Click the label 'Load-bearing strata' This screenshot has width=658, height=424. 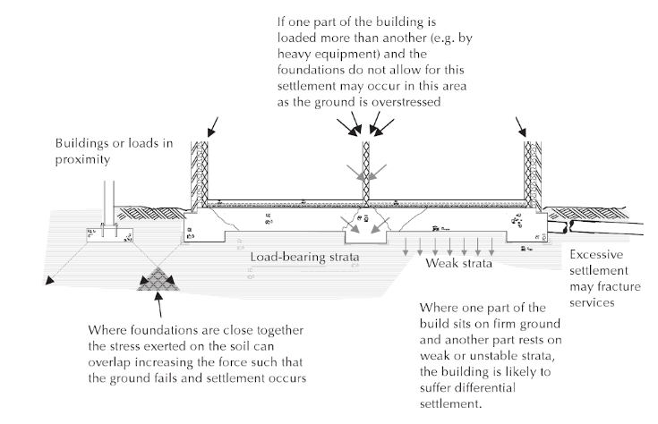pyautogui.click(x=304, y=257)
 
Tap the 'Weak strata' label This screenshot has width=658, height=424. pyautogui.click(x=458, y=263)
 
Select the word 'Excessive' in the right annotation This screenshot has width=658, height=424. pyautogui.click(x=596, y=255)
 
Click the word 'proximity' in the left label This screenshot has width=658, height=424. pyautogui.click(x=82, y=160)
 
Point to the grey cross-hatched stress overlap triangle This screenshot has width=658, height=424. pyautogui.click(x=158, y=280)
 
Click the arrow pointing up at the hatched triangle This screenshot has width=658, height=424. pyautogui.click(x=158, y=304)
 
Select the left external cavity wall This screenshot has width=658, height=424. pyautogui.click(x=200, y=174)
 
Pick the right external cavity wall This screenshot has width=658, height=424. pyautogui.click(x=533, y=174)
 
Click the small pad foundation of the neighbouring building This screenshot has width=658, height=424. pyautogui.click(x=109, y=235)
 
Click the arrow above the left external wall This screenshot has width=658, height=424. pyautogui.click(x=213, y=127)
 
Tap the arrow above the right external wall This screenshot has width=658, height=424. pyautogui.click(x=521, y=127)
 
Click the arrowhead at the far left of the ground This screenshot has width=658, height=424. pyautogui.click(x=49, y=281)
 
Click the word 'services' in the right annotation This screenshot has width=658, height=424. pyautogui.click(x=592, y=303)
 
